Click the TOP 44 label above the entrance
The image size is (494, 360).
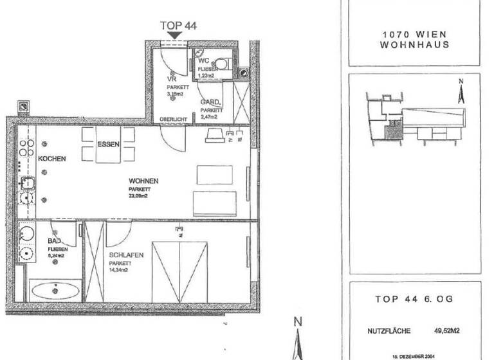(178, 26)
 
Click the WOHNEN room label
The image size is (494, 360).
(143, 181)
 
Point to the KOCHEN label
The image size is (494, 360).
(52, 158)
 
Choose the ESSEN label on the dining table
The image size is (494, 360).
(108, 144)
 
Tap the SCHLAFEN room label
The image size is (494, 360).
(126, 255)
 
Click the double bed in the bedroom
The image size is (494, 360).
(180, 270)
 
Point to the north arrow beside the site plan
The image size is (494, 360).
(461, 91)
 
